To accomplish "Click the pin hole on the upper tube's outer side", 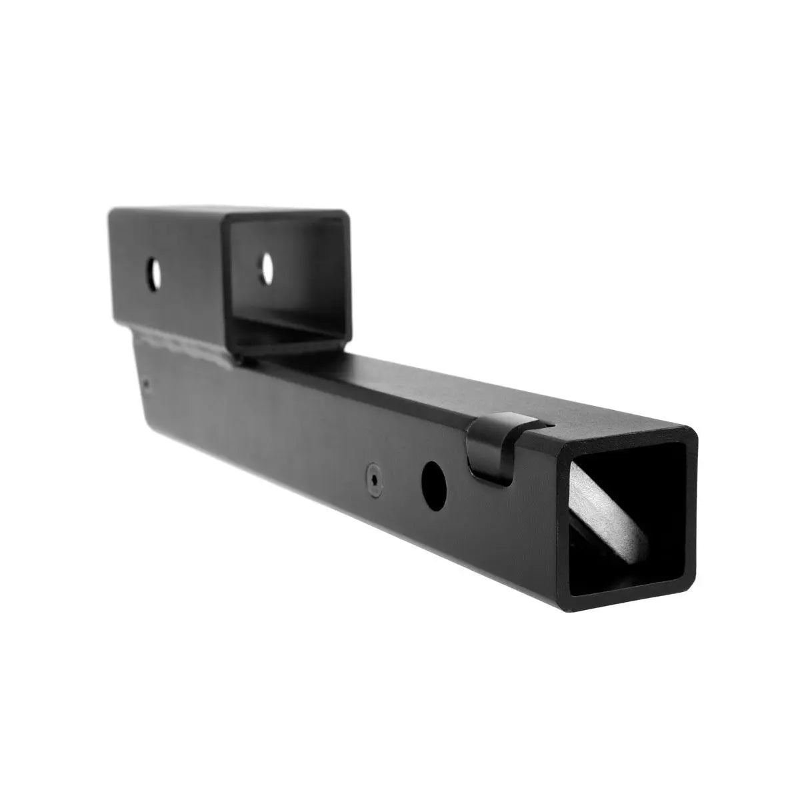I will click(155, 273).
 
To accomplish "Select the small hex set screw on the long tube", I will click(375, 479).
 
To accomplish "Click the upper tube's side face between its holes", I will click(200, 273).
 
